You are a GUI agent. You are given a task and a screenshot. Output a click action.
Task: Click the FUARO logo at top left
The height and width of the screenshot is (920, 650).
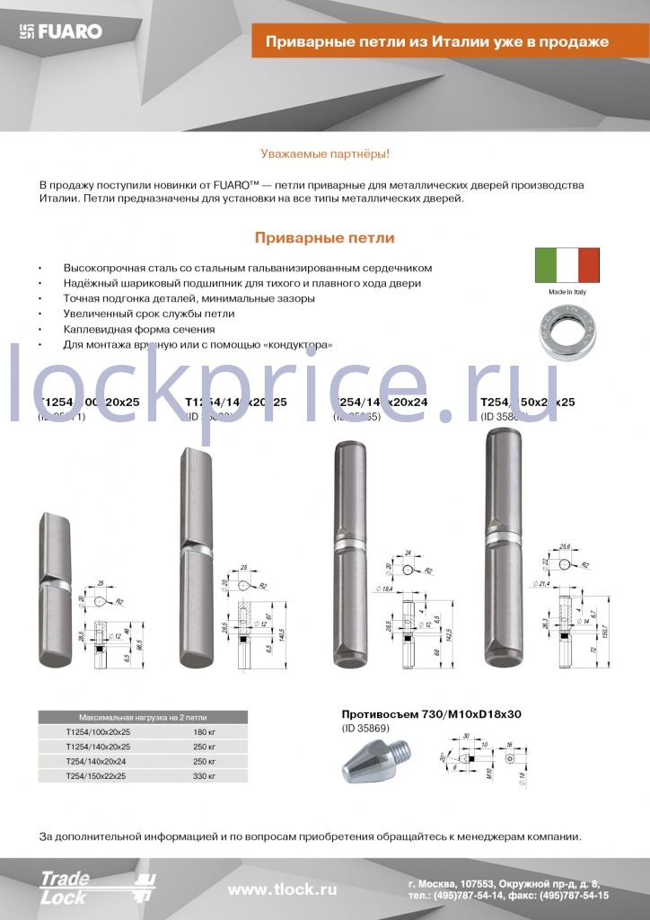pos(61,31)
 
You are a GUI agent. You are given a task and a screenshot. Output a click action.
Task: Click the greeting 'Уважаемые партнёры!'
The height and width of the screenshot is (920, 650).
pos(324,155)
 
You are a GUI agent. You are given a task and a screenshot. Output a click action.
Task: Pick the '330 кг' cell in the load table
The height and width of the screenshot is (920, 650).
pos(205,774)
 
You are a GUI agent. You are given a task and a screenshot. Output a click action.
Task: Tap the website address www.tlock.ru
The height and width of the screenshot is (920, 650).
pos(282,889)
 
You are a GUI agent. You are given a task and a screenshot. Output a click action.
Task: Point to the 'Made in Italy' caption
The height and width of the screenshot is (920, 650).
pos(567,293)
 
